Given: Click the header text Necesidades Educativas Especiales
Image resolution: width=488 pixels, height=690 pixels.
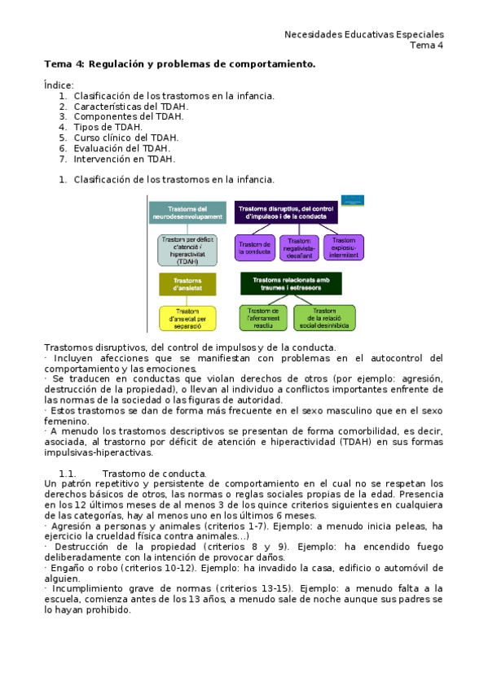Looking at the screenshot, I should (363, 34).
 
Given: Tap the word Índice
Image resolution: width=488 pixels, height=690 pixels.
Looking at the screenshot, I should (58, 85).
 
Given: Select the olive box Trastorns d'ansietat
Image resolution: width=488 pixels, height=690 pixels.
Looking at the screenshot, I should (187, 284).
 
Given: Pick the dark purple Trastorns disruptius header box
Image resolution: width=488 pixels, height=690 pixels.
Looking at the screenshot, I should (287, 212).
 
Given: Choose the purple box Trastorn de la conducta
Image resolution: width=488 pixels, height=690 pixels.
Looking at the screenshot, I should (255, 247).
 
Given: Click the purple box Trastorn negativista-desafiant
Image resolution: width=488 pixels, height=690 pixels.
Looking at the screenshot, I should (299, 247).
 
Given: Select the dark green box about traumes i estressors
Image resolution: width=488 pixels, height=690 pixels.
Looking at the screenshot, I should (291, 283).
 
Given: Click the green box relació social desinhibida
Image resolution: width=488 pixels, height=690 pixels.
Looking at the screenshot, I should (325, 317).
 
